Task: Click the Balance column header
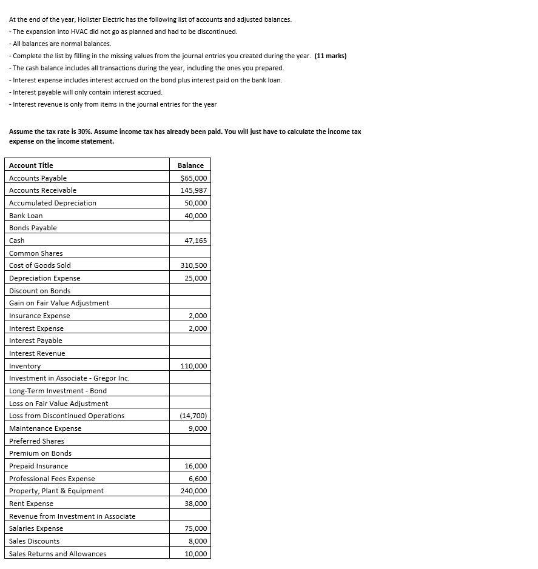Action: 190,165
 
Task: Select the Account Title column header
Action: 31,165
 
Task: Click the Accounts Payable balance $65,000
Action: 194,178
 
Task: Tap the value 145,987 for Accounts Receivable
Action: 194,190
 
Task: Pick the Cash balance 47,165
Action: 196,241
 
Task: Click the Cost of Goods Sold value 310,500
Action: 194,265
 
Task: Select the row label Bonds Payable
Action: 33,228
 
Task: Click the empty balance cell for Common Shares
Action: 190,253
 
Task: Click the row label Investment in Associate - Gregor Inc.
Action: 69,378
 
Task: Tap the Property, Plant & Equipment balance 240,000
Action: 194,491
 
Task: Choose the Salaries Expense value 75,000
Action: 196,528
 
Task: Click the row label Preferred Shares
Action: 36,441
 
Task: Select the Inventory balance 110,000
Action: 194,366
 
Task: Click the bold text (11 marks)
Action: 331,56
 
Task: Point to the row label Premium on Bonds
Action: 40,453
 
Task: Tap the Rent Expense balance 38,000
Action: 196,504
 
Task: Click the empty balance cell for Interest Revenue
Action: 190,353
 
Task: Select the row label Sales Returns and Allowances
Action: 58,554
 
